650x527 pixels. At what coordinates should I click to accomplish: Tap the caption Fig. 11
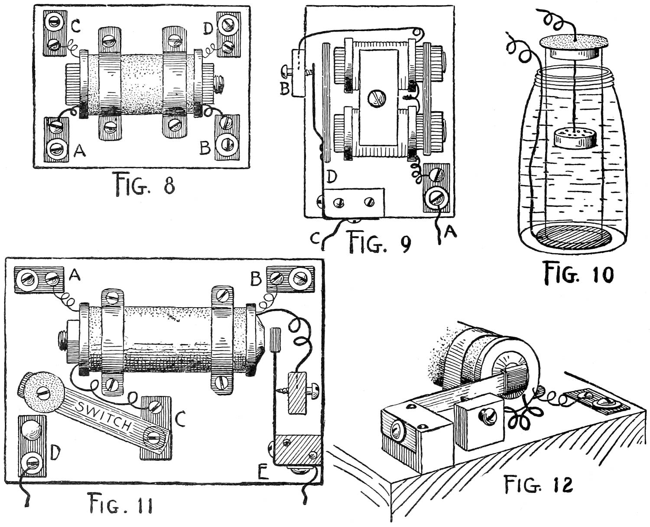click(120, 503)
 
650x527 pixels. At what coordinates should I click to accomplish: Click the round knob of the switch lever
click(40, 392)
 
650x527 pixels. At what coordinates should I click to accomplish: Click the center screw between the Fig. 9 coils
click(375, 100)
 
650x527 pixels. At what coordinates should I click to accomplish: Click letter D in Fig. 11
click(54, 453)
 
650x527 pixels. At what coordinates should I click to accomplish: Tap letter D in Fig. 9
click(331, 177)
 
